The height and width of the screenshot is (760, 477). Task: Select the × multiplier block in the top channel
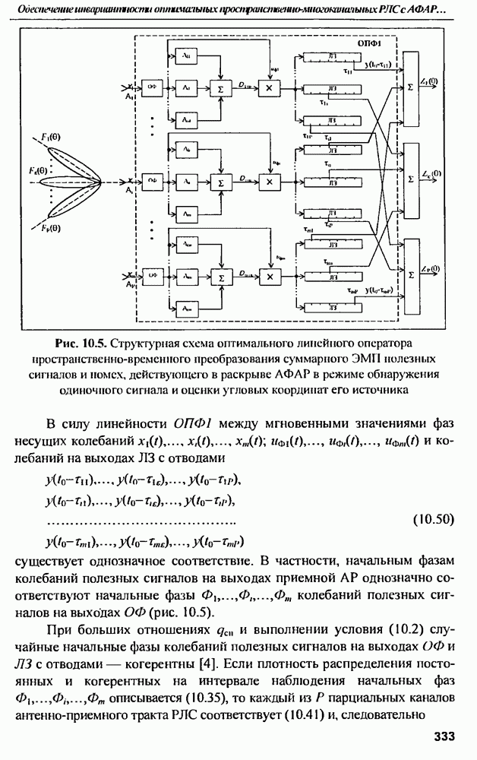point(268,89)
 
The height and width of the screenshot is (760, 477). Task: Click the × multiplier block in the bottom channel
point(268,276)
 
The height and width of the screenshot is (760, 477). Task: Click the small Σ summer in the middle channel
point(222,183)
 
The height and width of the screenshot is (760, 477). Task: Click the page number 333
point(444,736)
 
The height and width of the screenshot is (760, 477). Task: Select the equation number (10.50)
point(432,521)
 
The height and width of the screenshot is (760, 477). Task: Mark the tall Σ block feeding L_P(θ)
point(411,275)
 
